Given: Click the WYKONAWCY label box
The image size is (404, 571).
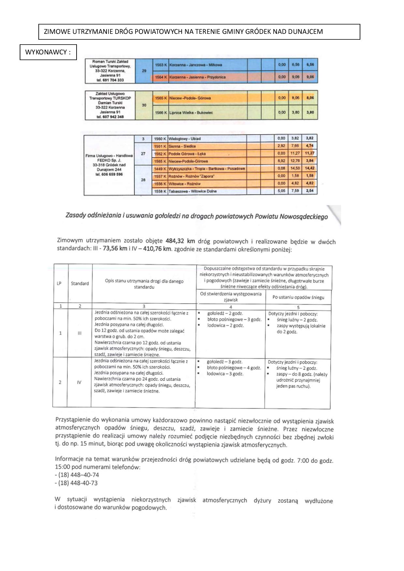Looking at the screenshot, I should [48, 52].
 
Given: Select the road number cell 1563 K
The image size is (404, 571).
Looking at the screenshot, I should [161, 65].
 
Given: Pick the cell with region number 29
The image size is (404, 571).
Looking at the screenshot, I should [144, 71].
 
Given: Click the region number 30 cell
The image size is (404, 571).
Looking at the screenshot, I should [144, 105].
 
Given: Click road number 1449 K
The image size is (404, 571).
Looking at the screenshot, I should [160, 169].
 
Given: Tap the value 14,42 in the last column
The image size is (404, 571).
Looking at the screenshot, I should [310, 168].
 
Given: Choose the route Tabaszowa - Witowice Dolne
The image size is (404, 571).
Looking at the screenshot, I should [192, 191].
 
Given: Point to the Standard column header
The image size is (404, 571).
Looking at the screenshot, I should [80, 284].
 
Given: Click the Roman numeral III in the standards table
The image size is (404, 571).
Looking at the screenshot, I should [79, 333].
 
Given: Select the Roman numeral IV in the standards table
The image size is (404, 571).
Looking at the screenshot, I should [79, 383].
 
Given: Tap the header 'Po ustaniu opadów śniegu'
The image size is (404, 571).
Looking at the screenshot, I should [298, 297].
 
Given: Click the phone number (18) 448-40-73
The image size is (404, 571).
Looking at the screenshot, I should [78, 483].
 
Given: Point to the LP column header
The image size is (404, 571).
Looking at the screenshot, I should [59, 283].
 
